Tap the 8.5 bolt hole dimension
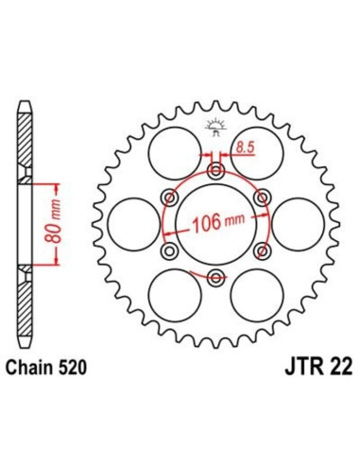244,147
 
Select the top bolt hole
216,172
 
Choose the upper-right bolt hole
262,198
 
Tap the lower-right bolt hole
262,250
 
